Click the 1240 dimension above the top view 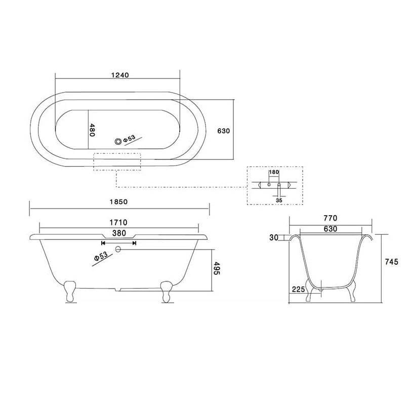tap(120, 75)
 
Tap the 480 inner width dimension tap(93, 131)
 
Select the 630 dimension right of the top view tap(224, 131)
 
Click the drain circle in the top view tap(119, 141)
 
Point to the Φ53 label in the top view tap(129, 138)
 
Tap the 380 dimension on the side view tap(119, 233)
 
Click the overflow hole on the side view tap(118, 249)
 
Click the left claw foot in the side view tap(70, 292)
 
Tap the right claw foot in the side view tap(165, 292)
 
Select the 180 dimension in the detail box tap(274, 173)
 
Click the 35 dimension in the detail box tap(279, 200)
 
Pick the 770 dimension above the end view tap(330, 218)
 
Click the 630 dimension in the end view tap(330, 229)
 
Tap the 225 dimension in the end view tap(298, 289)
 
